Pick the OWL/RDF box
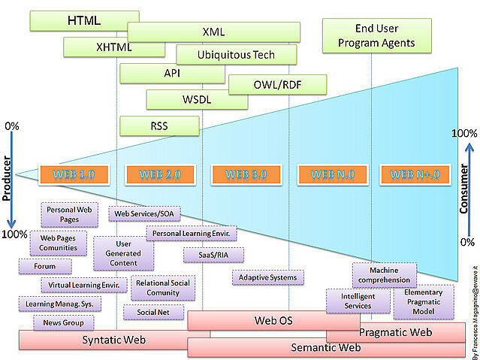point(276,84)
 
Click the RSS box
point(158,126)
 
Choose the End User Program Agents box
point(376,36)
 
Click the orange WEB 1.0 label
point(74,174)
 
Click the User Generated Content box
point(124,253)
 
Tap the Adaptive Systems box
point(267,277)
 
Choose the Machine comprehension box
point(384,275)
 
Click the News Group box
point(64,323)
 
